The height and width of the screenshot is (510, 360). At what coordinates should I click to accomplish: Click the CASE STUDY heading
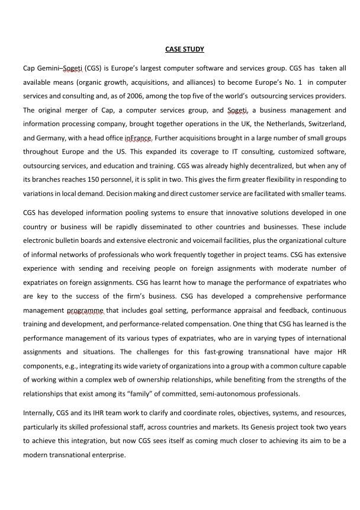click(185, 49)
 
